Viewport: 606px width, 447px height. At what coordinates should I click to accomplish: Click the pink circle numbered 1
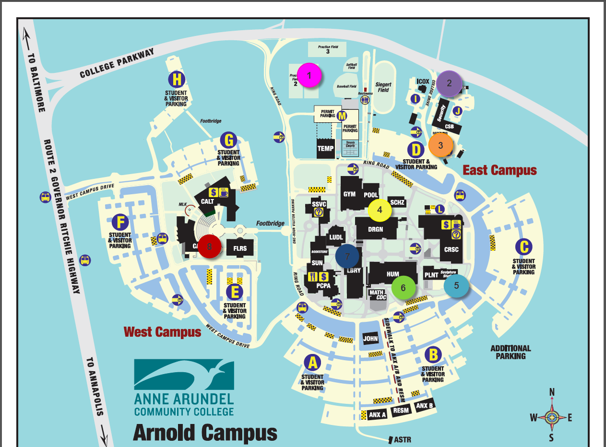click(309, 75)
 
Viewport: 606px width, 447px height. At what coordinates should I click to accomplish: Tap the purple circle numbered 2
click(449, 83)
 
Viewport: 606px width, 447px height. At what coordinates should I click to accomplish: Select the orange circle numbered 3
click(440, 145)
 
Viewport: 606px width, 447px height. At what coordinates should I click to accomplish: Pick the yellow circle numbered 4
click(380, 210)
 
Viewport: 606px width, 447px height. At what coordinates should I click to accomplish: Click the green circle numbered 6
click(403, 287)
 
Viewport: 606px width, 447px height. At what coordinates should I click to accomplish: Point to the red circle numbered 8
click(209, 247)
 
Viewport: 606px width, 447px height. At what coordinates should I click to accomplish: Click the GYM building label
click(349, 194)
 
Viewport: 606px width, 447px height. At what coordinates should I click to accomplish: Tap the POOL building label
click(371, 195)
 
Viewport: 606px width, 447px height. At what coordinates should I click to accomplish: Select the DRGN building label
click(376, 229)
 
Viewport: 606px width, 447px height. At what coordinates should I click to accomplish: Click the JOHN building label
click(370, 339)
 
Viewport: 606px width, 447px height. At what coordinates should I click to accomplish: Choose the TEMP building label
click(325, 149)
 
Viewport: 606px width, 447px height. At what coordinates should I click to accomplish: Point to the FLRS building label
click(240, 248)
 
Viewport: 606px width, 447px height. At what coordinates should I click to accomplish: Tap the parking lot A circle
click(313, 363)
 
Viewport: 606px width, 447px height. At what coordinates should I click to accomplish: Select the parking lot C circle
click(523, 247)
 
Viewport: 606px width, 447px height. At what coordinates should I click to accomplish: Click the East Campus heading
click(499, 170)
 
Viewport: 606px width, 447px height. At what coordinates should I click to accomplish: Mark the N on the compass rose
click(552, 392)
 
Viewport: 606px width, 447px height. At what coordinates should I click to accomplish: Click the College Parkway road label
click(117, 63)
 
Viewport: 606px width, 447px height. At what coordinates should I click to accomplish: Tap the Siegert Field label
click(383, 87)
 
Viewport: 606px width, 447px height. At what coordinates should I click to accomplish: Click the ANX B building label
click(425, 406)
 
